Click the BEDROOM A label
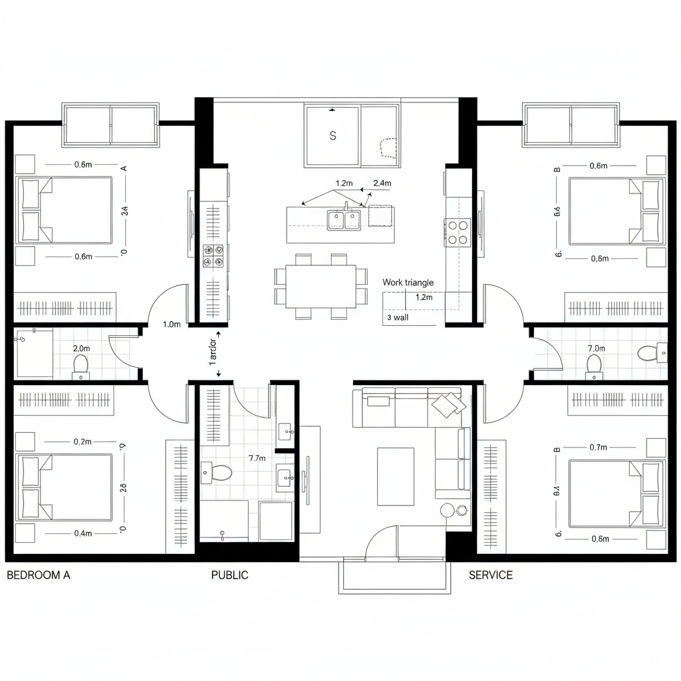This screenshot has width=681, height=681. click(x=38, y=575)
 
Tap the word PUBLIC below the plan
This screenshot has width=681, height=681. click(x=229, y=575)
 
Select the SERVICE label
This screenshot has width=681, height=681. click(x=491, y=575)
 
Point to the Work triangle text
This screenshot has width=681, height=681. click(x=408, y=283)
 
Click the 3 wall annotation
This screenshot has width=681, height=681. click(x=397, y=318)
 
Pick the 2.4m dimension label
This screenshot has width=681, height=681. click(x=382, y=183)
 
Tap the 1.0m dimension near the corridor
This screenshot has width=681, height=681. click(x=172, y=325)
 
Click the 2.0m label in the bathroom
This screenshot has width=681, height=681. click(x=82, y=348)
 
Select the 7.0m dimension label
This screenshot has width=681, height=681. click(x=597, y=348)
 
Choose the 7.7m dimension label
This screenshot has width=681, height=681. click(x=257, y=458)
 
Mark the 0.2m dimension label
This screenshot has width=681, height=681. click(x=83, y=442)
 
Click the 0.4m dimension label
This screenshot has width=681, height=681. click(x=83, y=533)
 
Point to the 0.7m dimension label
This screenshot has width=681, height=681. click(x=599, y=448)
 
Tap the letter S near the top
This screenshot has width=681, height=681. click(x=333, y=136)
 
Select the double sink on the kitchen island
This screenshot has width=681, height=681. click(x=344, y=220)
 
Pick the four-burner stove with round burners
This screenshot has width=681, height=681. click(x=458, y=232)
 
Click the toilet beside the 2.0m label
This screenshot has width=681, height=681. click(x=81, y=366)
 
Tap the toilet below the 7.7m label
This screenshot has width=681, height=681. click(x=217, y=473)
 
